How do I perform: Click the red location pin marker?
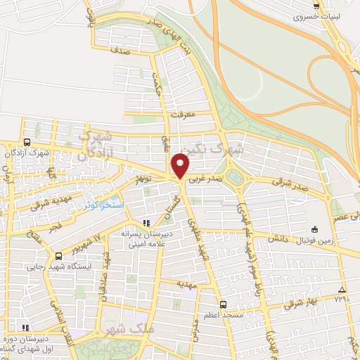tap(181, 165)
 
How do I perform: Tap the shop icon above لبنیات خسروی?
tap(316, 4)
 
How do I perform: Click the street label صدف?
tap(120, 51)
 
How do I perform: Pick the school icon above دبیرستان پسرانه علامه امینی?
tap(147, 223)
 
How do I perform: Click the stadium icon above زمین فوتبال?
tap(314, 229)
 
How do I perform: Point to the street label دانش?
tap(274, 240)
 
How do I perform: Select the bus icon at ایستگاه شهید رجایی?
tap(58, 255)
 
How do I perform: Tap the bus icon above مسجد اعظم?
tap(223, 304)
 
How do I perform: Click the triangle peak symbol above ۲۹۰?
tap(342, 290)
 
